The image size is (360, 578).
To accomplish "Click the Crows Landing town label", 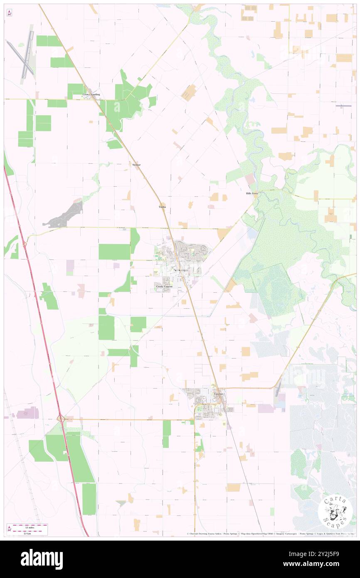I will tap(91, 95).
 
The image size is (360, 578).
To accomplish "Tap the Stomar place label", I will tap(136, 165).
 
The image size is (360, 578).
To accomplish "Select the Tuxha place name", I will tap(162, 207).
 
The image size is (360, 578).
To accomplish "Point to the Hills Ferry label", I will tap(252, 194).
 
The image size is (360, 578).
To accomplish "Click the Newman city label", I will tap(180, 271).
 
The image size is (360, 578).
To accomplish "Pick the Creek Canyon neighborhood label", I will tap(164, 287).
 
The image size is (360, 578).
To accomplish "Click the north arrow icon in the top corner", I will tap(9, 13).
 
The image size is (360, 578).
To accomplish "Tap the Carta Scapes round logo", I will tap(335, 511).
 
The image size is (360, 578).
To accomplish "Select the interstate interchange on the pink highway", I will tap(61, 418).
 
